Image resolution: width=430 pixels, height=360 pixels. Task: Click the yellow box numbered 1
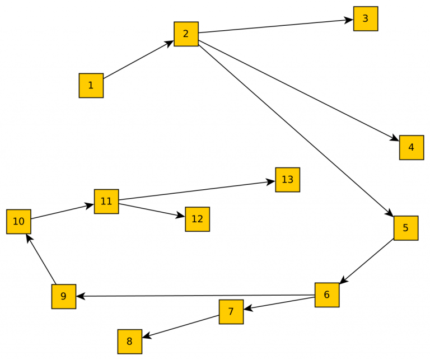click(x=91, y=86)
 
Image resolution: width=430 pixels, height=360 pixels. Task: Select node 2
click(x=186, y=34)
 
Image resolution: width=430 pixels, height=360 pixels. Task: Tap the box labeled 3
click(x=365, y=18)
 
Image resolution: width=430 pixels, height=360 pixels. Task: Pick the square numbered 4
click(x=411, y=147)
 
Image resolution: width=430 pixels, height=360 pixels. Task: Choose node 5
click(x=405, y=228)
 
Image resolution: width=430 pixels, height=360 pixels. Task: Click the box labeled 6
click(x=327, y=294)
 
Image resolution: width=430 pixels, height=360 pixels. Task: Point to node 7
click(x=231, y=311)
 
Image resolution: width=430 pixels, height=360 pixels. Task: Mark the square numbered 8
click(x=129, y=342)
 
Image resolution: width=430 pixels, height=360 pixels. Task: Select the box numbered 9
click(x=63, y=296)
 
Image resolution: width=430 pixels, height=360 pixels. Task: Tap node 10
click(x=18, y=221)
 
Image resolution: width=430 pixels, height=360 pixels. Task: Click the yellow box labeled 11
click(x=106, y=201)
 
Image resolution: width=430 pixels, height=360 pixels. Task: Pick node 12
click(x=197, y=219)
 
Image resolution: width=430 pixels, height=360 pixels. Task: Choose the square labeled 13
click(x=287, y=180)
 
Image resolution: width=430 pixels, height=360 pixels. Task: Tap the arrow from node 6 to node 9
click(x=196, y=296)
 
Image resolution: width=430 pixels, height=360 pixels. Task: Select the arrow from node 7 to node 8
click(x=180, y=326)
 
